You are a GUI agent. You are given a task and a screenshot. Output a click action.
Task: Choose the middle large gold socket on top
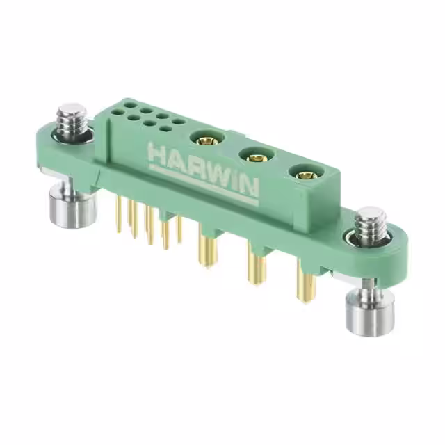click(x=254, y=158)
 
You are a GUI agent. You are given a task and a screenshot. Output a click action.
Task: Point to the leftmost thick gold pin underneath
click(x=207, y=253)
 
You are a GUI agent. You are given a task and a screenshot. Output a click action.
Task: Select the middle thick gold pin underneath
click(x=254, y=271)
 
